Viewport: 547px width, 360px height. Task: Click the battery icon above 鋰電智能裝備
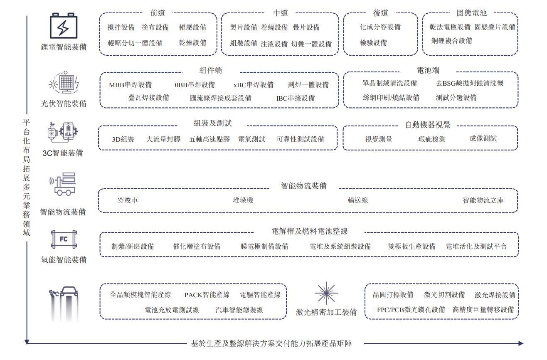coord(64,27)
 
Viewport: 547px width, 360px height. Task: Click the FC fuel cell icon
coord(64,239)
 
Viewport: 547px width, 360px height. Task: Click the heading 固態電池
coord(471,13)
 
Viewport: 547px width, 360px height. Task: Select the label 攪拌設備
coord(121,27)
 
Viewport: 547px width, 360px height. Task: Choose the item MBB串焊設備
coord(130,85)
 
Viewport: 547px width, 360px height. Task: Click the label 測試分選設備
coord(456,98)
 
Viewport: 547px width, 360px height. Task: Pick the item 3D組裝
coord(123,139)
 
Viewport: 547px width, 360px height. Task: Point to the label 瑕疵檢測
coord(432,139)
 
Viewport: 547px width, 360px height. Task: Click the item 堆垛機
coord(243,200)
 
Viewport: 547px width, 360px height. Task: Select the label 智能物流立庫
coord(483,200)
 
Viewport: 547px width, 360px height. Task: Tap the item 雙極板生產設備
coord(411,247)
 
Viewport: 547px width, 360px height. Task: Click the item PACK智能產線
coord(207,295)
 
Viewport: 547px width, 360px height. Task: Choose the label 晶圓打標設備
coord(393,295)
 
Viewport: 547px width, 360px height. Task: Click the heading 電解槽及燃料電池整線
coord(309,232)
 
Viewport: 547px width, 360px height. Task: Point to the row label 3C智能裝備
coord(63,153)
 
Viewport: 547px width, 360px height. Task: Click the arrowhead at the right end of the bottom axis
coord(521,343)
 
